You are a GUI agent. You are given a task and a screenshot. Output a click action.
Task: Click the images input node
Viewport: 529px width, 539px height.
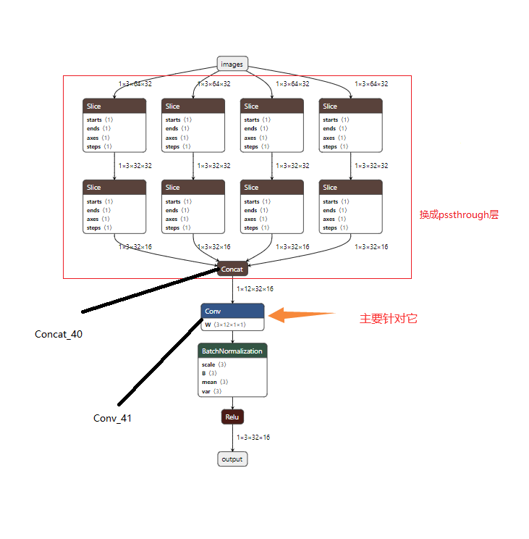tap(232, 64)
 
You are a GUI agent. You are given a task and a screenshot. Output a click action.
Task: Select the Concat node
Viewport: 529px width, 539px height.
tap(232, 269)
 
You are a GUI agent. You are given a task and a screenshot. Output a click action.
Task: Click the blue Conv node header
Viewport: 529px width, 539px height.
tap(232, 311)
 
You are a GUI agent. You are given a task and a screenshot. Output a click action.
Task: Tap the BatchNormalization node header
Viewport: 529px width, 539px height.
tap(232, 351)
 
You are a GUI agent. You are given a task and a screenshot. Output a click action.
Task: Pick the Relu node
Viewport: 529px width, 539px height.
tap(232, 417)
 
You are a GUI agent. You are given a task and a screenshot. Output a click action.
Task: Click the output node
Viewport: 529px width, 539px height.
tap(232, 459)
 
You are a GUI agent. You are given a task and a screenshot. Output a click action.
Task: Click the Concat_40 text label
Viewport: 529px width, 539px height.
tap(59, 334)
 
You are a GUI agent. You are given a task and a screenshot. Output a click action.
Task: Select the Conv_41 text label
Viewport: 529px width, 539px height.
tap(113, 418)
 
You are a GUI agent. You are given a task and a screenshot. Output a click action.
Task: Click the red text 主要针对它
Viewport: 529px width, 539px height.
tap(389, 319)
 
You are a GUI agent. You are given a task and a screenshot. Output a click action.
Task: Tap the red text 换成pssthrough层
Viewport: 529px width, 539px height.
tap(459, 214)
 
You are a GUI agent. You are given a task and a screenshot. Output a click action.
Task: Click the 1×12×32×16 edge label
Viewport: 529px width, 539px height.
tap(255, 289)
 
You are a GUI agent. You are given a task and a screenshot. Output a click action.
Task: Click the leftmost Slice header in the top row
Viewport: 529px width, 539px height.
tap(114, 106)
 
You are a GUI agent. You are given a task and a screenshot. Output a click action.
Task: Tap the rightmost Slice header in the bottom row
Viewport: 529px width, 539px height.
tap(351, 188)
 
